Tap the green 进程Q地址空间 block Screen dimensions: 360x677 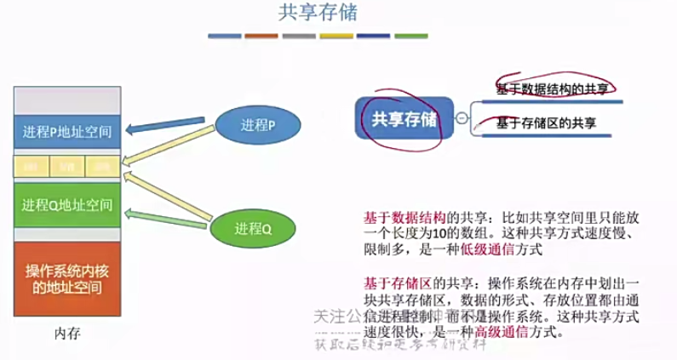click(67, 205)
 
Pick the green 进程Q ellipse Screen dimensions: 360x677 click(253, 228)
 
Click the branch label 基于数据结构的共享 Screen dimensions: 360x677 click(552, 88)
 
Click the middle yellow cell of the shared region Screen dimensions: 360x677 click(67, 165)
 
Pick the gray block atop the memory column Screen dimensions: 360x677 click(67, 97)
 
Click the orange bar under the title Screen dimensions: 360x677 click(261, 37)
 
